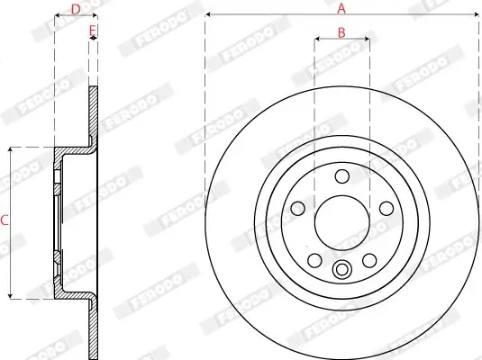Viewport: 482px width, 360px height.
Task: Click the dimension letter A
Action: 341,8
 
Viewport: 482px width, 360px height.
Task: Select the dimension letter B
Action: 341,32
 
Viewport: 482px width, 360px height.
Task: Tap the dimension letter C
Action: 5,220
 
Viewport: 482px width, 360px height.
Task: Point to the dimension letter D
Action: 76,9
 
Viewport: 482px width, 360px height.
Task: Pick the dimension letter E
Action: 92,31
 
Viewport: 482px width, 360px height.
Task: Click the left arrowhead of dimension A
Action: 208,15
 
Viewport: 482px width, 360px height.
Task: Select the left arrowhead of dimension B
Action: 318,40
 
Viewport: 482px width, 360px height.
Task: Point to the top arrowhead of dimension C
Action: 11,150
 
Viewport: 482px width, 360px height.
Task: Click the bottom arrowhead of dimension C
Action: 11,294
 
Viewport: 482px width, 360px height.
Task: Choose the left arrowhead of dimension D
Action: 57,16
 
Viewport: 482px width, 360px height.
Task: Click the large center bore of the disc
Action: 341,219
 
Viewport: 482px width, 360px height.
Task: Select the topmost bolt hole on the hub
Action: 341,176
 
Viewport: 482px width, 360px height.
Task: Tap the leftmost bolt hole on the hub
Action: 298,208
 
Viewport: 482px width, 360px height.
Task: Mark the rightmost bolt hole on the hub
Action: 385,208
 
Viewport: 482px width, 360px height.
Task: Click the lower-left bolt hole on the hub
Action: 314,260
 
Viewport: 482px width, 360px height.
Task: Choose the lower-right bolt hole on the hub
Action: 368,260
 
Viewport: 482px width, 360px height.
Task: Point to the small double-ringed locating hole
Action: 341,268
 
